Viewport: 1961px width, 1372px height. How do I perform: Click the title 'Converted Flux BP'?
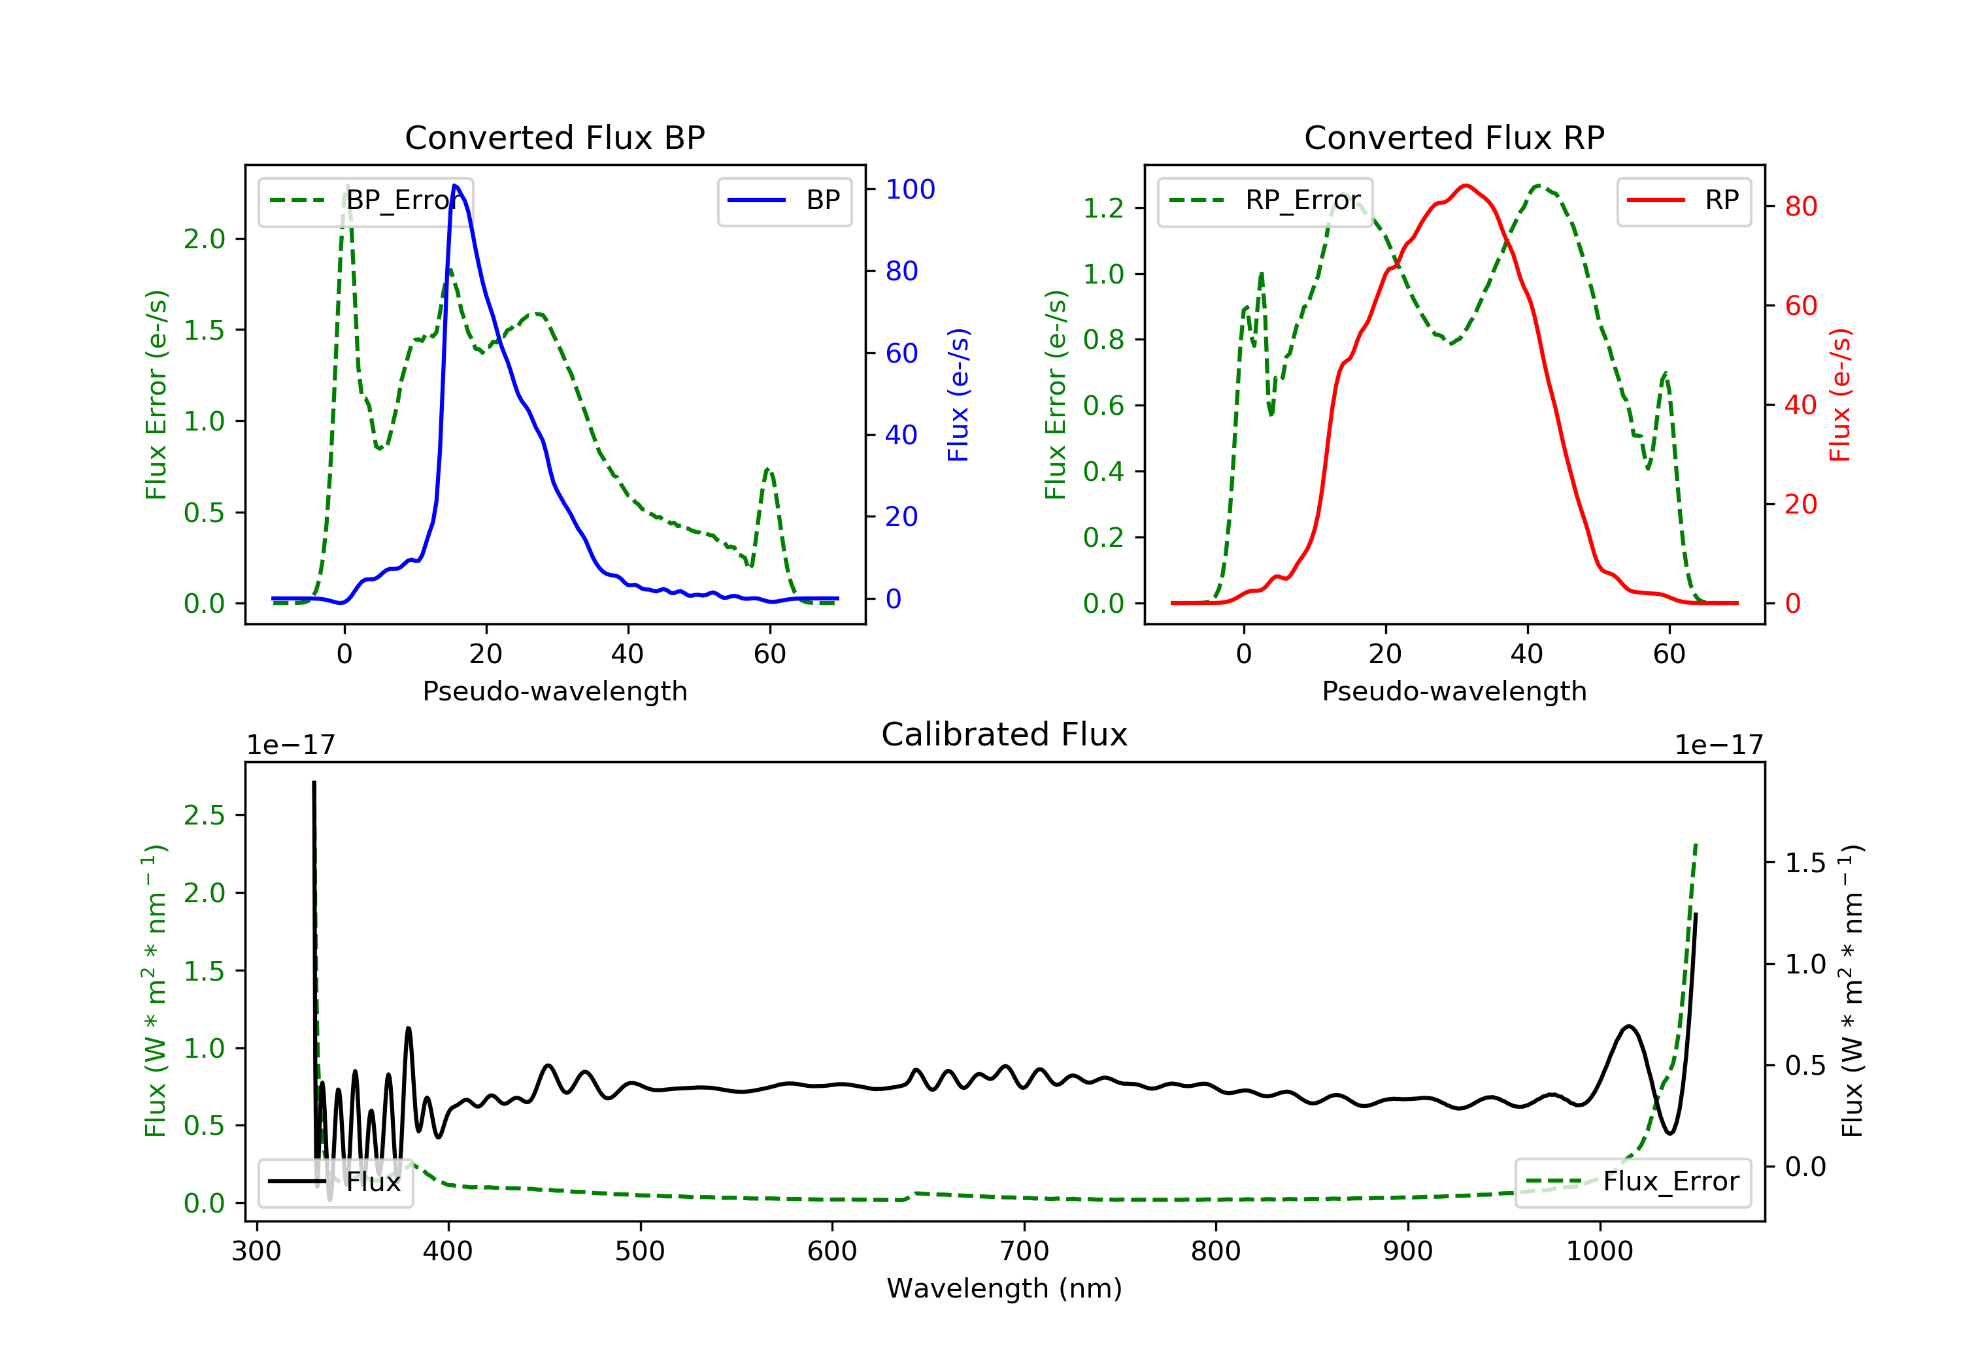tap(554, 137)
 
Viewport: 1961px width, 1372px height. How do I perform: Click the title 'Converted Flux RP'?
tap(1454, 137)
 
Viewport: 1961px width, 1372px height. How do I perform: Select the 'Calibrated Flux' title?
tap(1005, 734)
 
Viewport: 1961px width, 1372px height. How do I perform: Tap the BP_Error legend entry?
tap(365, 201)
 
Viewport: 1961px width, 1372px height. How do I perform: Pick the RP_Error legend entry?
tap(1265, 201)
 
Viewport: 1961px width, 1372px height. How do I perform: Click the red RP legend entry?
tap(1683, 201)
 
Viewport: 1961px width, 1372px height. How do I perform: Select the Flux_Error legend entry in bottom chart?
tap(1632, 1183)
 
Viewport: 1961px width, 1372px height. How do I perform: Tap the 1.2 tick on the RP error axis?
tap(1103, 208)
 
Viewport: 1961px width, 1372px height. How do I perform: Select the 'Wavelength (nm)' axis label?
tap(1005, 1288)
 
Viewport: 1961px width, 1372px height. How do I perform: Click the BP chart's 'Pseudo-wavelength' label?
tap(555, 691)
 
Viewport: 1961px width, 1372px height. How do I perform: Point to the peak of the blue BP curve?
tap(455, 186)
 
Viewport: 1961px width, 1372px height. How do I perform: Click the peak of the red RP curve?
tap(1466, 186)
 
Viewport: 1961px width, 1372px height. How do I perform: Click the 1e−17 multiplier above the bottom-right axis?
tap(1718, 745)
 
